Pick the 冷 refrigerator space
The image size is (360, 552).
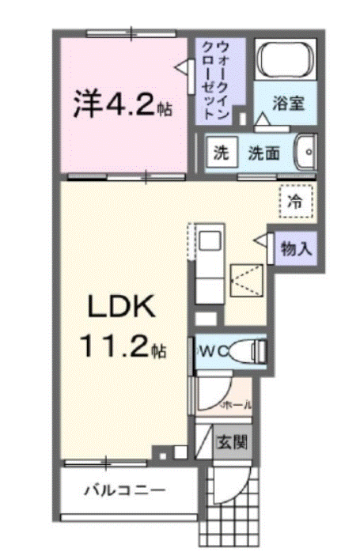295,202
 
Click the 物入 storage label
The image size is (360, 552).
296,249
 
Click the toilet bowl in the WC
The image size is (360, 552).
252,350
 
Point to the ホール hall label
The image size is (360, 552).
239,405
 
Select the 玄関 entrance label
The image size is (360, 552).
232,442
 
